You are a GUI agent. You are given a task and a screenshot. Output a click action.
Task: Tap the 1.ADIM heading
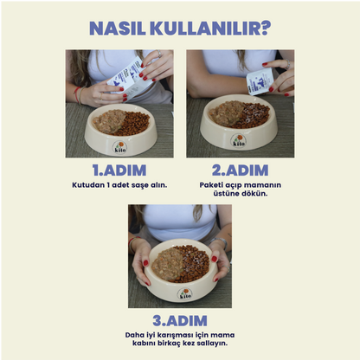pyautogui.click(x=119, y=170)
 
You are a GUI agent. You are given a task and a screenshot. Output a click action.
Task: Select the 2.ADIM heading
pyautogui.click(x=240, y=170)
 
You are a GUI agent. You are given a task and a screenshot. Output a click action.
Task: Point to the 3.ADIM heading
pyautogui.click(x=179, y=320)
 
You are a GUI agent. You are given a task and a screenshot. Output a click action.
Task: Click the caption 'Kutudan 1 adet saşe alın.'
pyautogui.click(x=119, y=184)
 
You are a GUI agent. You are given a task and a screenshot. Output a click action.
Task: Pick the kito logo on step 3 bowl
pyautogui.click(x=184, y=293)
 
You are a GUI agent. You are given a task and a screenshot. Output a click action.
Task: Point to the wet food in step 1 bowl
pyautogui.click(x=109, y=120)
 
